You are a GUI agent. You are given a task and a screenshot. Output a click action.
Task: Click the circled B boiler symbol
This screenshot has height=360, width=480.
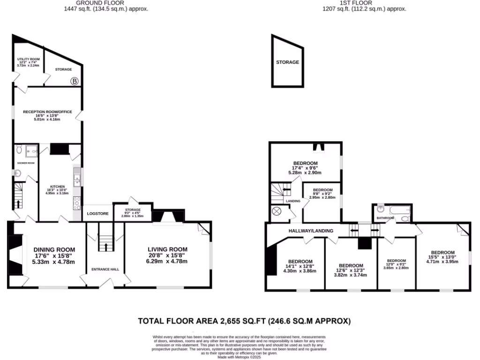(74, 81)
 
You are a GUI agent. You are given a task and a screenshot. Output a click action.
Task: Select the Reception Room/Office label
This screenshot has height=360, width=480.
(47, 112)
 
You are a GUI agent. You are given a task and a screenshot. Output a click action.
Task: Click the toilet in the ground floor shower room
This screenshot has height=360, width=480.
(19, 150)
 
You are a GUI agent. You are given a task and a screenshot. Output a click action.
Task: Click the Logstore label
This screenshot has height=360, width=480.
(98, 214)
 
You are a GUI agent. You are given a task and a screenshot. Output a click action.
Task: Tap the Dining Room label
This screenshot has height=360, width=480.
(54, 249)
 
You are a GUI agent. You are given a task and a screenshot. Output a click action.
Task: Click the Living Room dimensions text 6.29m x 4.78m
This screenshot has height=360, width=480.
(167, 262)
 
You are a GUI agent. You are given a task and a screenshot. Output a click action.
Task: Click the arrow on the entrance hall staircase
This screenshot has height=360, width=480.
(105, 246)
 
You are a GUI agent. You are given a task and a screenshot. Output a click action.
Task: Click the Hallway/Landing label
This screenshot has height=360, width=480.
(311, 231)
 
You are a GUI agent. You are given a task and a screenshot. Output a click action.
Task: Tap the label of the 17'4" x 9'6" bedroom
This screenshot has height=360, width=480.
(306, 163)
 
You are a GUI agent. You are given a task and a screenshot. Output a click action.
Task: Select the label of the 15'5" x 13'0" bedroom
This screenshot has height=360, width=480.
(442, 252)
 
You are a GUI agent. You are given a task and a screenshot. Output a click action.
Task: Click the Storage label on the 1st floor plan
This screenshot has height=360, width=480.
(287, 62)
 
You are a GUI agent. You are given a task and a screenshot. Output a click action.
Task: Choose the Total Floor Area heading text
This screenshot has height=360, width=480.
(244, 321)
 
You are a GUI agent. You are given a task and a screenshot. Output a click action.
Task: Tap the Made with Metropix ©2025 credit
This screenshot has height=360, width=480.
(240, 357)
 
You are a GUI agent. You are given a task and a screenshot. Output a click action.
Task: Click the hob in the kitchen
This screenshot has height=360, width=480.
(76, 203)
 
